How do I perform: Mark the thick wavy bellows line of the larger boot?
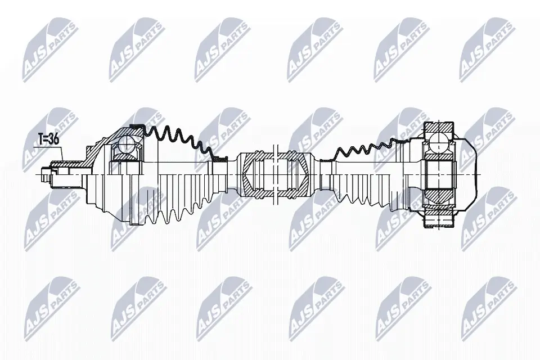pos(174,138)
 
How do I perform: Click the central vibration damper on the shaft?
pos(274,175)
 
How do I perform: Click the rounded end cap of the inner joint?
pos(470,175)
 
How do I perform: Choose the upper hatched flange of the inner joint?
pos(438,128)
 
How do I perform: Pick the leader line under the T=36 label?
pos(48,148)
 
